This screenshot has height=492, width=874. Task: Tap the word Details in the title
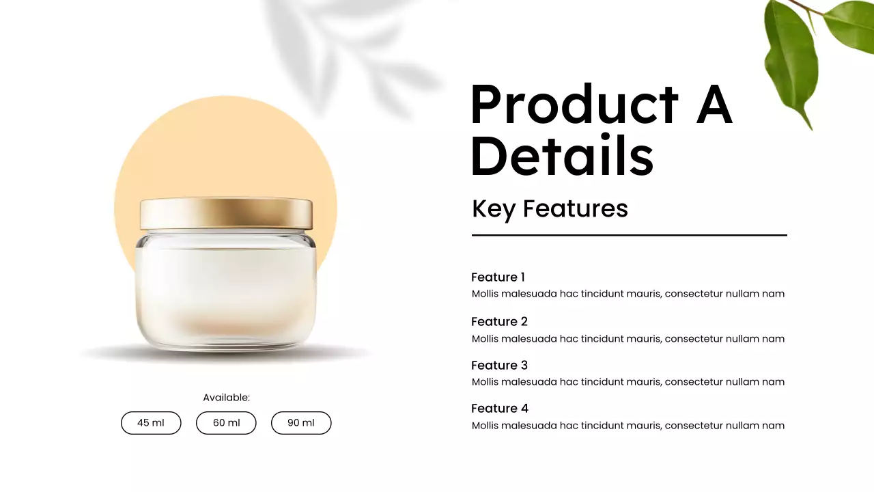(x=562, y=156)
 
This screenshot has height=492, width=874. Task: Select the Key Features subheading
(x=550, y=208)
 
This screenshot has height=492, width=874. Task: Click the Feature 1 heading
(x=498, y=277)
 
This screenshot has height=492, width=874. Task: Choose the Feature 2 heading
(x=499, y=321)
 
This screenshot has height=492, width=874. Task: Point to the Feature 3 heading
(x=499, y=365)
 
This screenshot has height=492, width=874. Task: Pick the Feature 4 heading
(x=499, y=408)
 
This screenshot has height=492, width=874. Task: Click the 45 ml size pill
(x=151, y=423)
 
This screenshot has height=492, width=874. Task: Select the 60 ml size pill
(x=226, y=423)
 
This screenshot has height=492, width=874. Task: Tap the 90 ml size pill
(x=301, y=423)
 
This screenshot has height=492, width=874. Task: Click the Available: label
(x=226, y=397)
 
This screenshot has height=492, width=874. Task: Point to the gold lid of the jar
(x=226, y=214)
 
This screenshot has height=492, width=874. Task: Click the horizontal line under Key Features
(x=629, y=235)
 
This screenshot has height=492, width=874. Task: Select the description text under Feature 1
(x=628, y=294)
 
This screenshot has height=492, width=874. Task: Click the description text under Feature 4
(x=628, y=425)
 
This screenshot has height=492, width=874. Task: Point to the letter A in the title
(x=714, y=105)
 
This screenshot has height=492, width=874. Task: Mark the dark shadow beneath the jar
(x=226, y=353)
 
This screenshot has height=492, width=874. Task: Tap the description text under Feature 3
(x=628, y=381)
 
